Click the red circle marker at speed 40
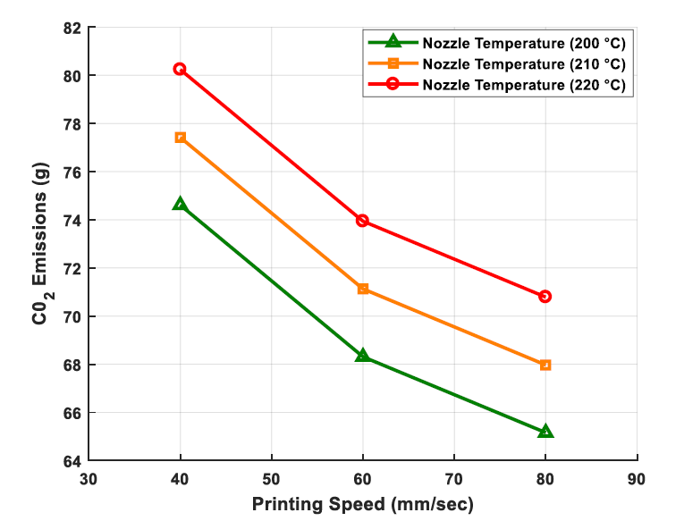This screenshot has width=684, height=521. [180, 69]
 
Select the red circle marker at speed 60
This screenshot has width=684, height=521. [362, 221]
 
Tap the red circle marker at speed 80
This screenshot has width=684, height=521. [545, 296]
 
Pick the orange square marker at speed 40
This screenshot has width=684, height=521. [180, 138]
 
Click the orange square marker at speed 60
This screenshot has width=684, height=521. [362, 289]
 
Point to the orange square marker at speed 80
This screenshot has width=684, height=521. [545, 365]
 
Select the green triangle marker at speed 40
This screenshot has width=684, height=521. [180, 204]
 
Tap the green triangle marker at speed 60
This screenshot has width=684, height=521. [362, 355]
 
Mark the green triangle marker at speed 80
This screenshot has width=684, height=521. [545, 431]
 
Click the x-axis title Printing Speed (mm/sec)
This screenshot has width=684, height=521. [362, 503]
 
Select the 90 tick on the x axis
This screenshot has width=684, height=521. [637, 479]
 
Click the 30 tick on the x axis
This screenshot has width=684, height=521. [89, 479]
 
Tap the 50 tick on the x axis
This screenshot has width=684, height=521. [271, 479]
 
